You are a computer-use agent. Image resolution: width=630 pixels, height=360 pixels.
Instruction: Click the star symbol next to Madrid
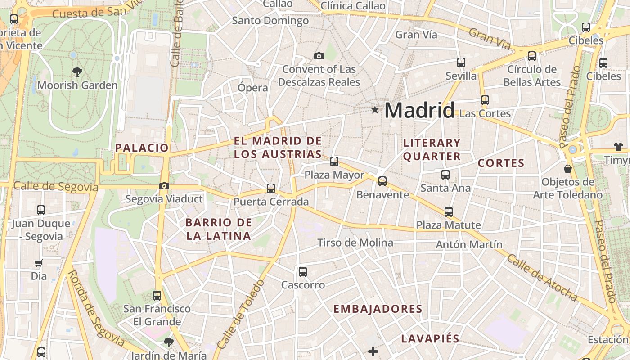[375, 110]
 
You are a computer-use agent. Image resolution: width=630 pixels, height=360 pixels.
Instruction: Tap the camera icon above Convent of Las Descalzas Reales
[319, 56]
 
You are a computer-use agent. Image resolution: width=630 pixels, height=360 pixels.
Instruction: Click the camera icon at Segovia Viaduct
[164, 186]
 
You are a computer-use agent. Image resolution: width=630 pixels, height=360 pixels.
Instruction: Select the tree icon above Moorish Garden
[77, 71]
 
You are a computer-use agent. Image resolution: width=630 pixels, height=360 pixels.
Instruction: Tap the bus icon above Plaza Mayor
[334, 162]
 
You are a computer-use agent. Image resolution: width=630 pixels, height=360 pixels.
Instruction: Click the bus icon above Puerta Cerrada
[271, 189]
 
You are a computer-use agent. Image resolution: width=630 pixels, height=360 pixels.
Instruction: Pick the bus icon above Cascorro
[303, 272]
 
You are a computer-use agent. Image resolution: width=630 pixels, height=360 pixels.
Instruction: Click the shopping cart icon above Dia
[39, 263]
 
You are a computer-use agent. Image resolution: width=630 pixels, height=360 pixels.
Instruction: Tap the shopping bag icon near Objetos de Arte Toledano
[568, 169]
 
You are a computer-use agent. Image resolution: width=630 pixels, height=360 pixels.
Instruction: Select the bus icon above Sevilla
[461, 63]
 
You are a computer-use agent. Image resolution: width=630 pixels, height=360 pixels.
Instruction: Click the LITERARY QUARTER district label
[432, 149]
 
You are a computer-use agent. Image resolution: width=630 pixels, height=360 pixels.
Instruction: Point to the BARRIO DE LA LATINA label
[219, 229]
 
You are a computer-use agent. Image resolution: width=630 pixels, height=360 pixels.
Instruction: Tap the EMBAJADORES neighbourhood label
[378, 309]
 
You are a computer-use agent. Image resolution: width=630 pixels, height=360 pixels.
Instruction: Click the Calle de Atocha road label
[542, 278]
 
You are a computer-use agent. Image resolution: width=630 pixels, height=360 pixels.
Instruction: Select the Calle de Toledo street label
[241, 314]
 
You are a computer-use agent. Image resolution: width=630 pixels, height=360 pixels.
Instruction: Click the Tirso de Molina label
[355, 243]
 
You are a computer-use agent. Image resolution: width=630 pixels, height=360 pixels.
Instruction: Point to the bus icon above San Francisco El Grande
[157, 296]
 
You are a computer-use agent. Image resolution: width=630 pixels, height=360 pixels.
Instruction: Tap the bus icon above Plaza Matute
[449, 211]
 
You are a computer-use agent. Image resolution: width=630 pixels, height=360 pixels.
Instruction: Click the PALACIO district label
[142, 148]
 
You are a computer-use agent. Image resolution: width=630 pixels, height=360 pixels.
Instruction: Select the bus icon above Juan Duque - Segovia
[41, 210]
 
